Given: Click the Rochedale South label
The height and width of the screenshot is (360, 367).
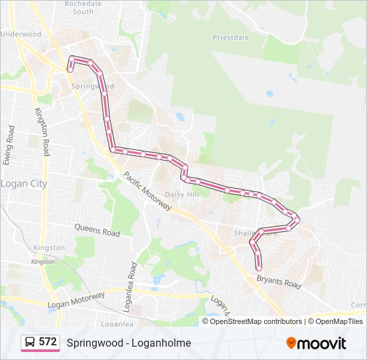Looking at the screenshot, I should (83, 7).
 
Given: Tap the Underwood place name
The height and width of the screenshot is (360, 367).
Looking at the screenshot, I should (21, 34).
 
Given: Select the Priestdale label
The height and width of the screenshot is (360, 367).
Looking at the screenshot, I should (231, 37).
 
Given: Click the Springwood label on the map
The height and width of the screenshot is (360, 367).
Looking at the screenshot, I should (93, 87).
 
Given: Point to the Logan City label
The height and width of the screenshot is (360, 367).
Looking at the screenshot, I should (23, 183).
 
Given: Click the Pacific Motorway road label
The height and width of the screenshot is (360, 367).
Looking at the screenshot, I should (147, 191).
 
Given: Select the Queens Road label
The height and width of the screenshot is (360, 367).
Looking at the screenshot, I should (97, 231).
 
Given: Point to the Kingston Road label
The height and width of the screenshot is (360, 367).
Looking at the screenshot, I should (43, 133).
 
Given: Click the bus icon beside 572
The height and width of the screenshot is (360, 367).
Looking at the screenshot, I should (30, 342).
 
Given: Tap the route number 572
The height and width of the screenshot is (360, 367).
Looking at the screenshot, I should (48, 342).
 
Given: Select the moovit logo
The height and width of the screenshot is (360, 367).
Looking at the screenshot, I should (316, 343).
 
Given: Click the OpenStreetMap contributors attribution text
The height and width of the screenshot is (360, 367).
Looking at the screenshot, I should (256, 321).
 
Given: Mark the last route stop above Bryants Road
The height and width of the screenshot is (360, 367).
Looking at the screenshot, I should (259, 267).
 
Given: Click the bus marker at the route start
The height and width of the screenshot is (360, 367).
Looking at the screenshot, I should (71, 61).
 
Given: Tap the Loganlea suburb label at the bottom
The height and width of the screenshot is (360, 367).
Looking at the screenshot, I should (114, 323).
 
